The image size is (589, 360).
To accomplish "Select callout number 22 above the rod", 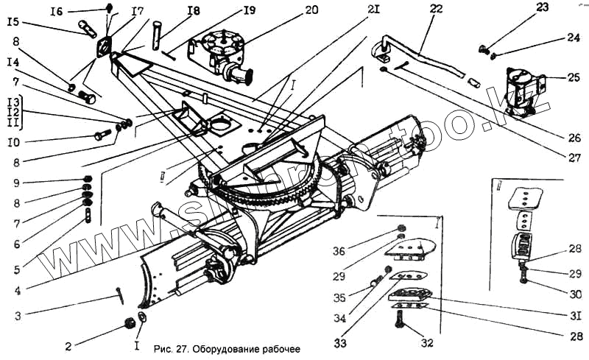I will [x=437, y=9].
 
